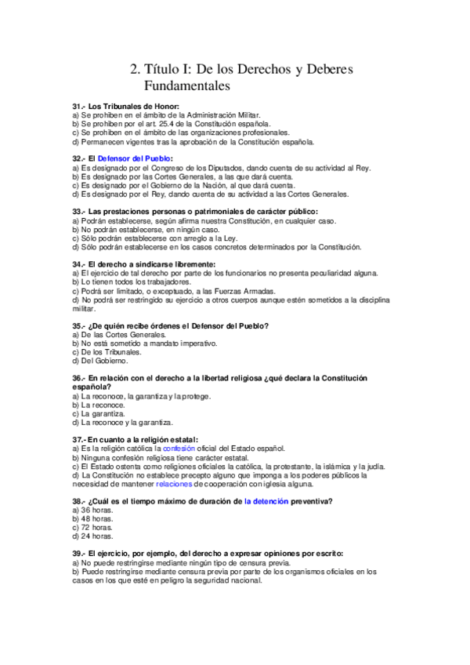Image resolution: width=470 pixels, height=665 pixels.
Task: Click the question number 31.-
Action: pyautogui.click(x=78, y=106)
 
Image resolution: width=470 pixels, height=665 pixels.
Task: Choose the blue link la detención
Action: pyautogui.click(x=266, y=500)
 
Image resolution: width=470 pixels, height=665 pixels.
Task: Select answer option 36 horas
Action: pyautogui.click(x=92, y=510)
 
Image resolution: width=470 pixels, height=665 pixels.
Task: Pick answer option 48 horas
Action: pyautogui.click(x=92, y=519)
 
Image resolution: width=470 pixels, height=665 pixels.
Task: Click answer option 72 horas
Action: pyautogui.click(x=92, y=528)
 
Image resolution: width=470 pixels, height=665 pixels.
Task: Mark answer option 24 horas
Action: pyautogui.click(x=92, y=537)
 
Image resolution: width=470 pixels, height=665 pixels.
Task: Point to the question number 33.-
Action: pyautogui.click(x=78, y=212)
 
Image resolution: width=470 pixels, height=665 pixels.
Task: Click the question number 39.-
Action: pyautogui.click(x=78, y=554)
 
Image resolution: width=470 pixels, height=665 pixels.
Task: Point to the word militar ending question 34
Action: pyautogui.click(x=82, y=309)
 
